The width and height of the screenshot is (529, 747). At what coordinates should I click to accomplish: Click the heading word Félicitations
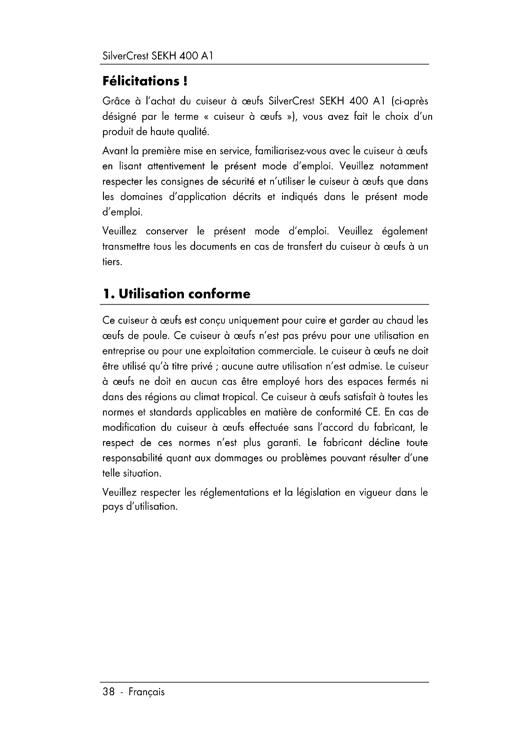pyautogui.click(x=141, y=81)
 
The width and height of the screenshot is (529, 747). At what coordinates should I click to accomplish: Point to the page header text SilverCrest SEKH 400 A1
pyautogui.click(x=158, y=56)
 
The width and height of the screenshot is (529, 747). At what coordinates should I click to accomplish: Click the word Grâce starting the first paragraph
pyautogui.click(x=116, y=102)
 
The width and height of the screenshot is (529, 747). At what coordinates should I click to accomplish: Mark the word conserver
pyautogui.click(x=166, y=231)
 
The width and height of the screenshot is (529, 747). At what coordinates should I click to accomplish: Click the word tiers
pyautogui.click(x=112, y=262)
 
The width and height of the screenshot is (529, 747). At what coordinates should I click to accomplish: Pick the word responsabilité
pyautogui.click(x=133, y=458)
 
